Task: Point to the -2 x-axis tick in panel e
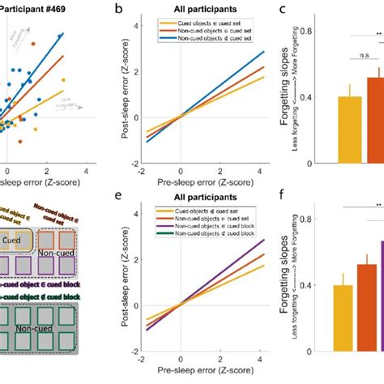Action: [x=143, y=359]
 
